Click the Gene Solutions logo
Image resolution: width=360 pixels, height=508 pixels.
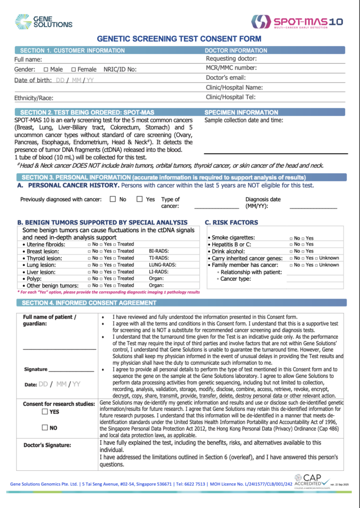(x=43, y=21)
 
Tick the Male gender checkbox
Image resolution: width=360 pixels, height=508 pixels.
(x=46, y=69)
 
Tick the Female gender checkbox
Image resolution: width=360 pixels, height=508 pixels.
(x=74, y=69)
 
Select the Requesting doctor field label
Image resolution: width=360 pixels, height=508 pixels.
(x=231, y=59)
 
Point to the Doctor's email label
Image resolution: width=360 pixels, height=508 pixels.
(x=226, y=77)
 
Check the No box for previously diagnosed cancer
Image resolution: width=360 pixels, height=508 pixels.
(x=113, y=199)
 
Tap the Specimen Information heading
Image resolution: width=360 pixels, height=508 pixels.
(x=241, y=113)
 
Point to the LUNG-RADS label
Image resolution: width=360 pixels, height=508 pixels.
(x=163, y=265)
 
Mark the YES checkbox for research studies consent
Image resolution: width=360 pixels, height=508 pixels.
(x=45, y=412)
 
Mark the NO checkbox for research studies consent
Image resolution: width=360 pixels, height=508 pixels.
(x=45, y=428)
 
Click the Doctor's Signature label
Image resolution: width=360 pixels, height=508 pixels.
(x=47, y=445)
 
